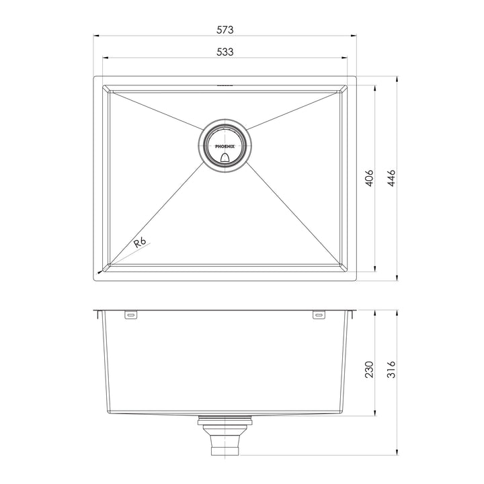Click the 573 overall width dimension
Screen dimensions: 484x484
(x=225, y=30)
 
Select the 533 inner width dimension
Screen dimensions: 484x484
(x=225, y=52)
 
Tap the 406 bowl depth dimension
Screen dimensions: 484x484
(x=369, y=179)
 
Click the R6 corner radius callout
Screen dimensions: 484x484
(x=139, y=243)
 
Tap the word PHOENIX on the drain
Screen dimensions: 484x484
(x=225, y=143)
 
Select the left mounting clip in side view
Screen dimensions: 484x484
(x=130, y=315)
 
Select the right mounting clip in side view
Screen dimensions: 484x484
(x=319, y=315)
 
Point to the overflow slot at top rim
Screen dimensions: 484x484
(x=225, y=86)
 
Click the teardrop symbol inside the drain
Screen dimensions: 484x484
(x=225, y=156)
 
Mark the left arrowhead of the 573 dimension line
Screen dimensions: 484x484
(x=95, y=36)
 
